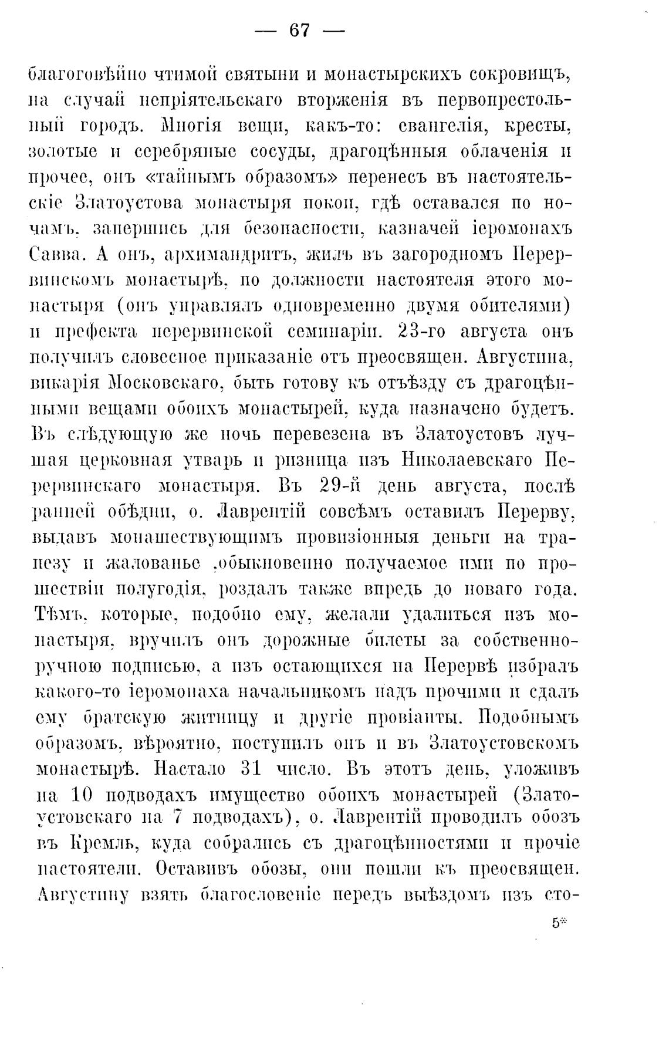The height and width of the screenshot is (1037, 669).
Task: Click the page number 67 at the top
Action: [299, 31]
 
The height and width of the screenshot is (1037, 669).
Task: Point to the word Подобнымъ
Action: [529, 717]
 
